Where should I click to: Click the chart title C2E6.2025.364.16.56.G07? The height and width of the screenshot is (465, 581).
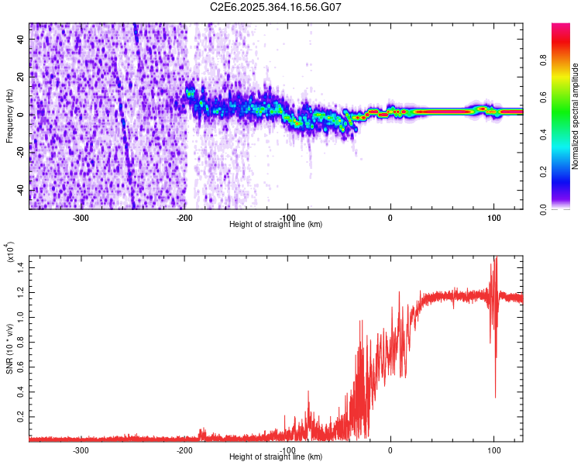point(276,7)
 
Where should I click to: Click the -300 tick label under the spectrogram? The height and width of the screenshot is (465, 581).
point(81,217)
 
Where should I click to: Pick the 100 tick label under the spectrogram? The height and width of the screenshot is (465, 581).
point(493,217)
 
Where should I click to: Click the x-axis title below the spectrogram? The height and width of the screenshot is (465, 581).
point(276,225)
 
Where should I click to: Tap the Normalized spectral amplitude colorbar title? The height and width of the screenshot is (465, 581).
point(576,116)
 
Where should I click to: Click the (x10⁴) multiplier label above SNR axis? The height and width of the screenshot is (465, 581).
point(9,252)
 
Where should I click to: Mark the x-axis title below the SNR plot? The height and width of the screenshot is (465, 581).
point(276,457)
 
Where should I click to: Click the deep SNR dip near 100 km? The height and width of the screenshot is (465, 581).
point(495,395)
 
